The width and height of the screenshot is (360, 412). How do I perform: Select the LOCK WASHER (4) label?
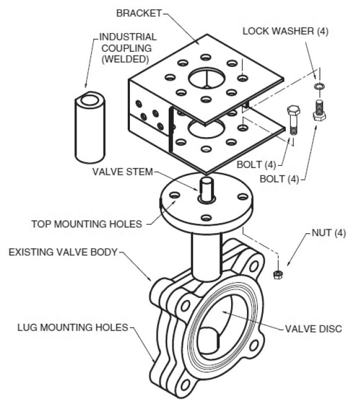coord(285,31)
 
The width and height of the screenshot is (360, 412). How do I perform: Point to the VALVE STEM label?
coord(122,172)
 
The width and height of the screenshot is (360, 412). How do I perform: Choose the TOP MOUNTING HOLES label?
coord(87,224)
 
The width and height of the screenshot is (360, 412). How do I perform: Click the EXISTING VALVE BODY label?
coord(62,251)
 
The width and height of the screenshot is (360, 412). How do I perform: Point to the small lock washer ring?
coord(319,86)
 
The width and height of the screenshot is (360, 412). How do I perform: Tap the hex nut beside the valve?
coord(277,274)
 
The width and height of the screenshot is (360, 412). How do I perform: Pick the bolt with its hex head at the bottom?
coord(319,110)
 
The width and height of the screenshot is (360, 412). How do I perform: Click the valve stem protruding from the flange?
coord(206,190)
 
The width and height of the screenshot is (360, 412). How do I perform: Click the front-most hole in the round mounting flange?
coord(206,218)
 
